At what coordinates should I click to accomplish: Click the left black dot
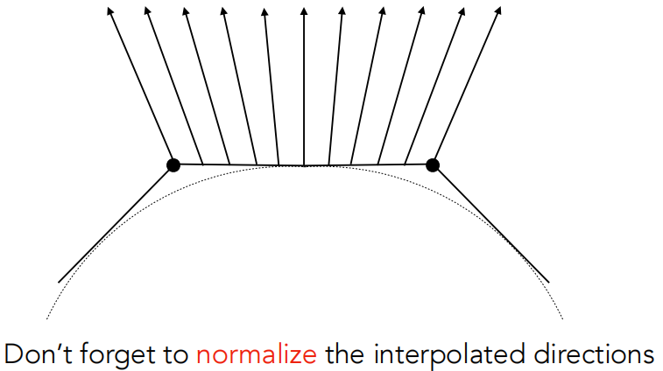(x=173, y=164)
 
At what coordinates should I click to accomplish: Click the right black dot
(x=432, y=164)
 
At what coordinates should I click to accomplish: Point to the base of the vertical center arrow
(x=303, y=165)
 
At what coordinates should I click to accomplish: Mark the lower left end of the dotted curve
(x=46, y=318)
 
